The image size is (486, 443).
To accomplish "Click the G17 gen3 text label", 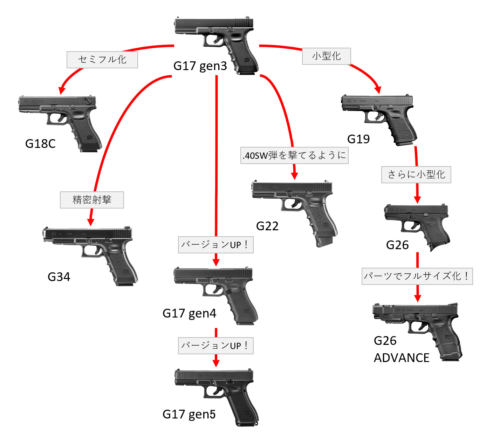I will [x=200, y=66].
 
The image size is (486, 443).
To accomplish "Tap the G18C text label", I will [x=40, y=144].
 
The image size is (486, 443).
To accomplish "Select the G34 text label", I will [x=59, y=277].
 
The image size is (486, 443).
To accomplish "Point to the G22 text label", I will [x=267, y=226].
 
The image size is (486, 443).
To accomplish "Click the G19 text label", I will [x=358, y=139].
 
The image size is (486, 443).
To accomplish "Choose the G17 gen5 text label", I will [x=189, y=414].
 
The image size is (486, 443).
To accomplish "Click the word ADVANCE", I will [x=402, y=358].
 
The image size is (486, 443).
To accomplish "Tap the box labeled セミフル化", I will [x=102, y=60].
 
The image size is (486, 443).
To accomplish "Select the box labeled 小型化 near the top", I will [x=326, y=56].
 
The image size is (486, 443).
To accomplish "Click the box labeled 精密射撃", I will [x=92, y=200].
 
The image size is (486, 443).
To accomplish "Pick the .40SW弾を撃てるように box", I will [x=294, y=155].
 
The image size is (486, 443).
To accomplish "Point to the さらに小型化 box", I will [x=416, y=175].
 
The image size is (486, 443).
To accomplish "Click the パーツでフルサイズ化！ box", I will [x=417, y=276].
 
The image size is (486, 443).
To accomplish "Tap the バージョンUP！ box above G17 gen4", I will [x=215, y=245].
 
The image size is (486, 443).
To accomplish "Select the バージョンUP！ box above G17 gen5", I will [x=215, y=346].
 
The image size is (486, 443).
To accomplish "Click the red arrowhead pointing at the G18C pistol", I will [x=62, y=90].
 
